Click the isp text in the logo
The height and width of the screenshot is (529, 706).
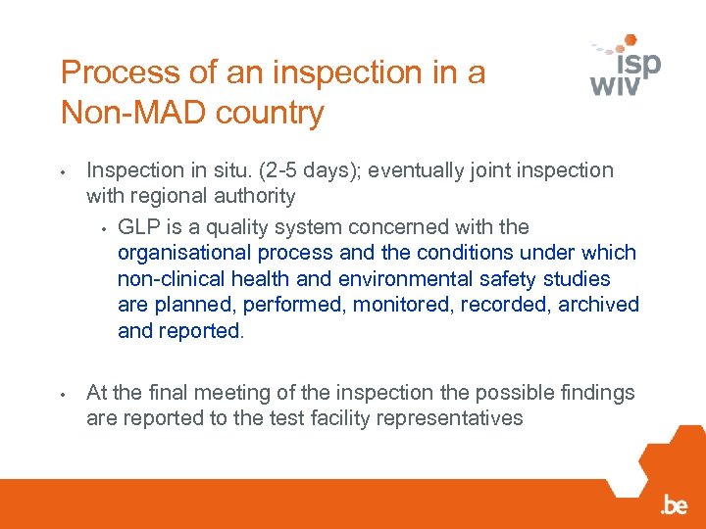638,64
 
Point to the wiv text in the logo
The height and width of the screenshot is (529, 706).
615,85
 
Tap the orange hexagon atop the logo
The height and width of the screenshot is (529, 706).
630,41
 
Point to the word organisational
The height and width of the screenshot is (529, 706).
184,253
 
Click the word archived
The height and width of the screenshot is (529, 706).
598,305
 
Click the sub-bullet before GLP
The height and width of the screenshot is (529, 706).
102,229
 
